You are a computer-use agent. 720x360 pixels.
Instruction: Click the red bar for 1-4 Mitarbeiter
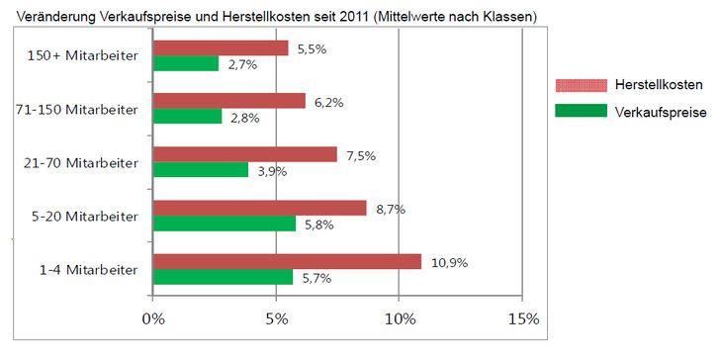pos(287,262)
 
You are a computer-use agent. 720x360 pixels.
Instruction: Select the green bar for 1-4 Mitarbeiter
pos(223,278)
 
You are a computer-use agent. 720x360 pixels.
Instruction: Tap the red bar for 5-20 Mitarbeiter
pos(259,209)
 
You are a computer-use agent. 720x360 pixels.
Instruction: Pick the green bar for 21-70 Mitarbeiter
pos(200,170)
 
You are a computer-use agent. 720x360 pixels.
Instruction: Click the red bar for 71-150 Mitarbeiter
pos(228,101)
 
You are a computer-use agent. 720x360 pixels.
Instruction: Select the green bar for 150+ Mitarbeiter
pos(185,63)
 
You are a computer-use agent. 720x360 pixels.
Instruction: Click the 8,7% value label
pos(392,210)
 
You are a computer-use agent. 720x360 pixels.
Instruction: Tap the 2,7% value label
pos(243,66)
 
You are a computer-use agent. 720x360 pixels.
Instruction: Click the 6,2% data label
pos(330,101)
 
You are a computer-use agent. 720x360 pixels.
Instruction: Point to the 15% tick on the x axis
pos(522,319)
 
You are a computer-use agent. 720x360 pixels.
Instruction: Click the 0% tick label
pos(152,319)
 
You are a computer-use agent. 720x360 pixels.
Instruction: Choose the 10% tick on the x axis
pos(399,319)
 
